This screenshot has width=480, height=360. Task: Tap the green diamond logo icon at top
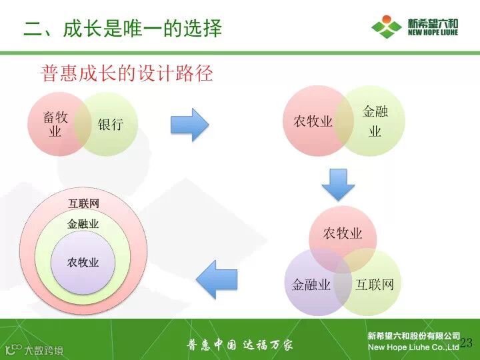pos(387,26)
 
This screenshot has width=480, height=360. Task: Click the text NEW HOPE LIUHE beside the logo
pos(433,32)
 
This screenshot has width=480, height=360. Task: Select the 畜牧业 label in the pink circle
pos(55,125)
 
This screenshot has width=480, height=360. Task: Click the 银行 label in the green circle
pos(111,124)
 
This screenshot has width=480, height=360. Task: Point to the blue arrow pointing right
pos(189,125)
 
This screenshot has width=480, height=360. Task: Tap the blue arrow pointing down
pos(339,185)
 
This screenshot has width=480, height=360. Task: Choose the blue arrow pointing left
pos(217,279)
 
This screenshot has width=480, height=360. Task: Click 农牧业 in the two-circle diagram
pos(313,121)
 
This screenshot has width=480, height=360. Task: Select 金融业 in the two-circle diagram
pos(375,121)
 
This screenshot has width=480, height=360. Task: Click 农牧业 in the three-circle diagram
pos(343,233)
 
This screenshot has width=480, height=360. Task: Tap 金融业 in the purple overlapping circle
pos(311,285)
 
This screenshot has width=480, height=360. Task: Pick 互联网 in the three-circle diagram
pos(374,285)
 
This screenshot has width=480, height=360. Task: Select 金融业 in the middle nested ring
pos(83,224)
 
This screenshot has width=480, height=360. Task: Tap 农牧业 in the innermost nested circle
pos(83,263)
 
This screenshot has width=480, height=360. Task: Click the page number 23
pos(466,343)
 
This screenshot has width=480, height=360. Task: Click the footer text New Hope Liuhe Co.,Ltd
pos(413,347)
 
